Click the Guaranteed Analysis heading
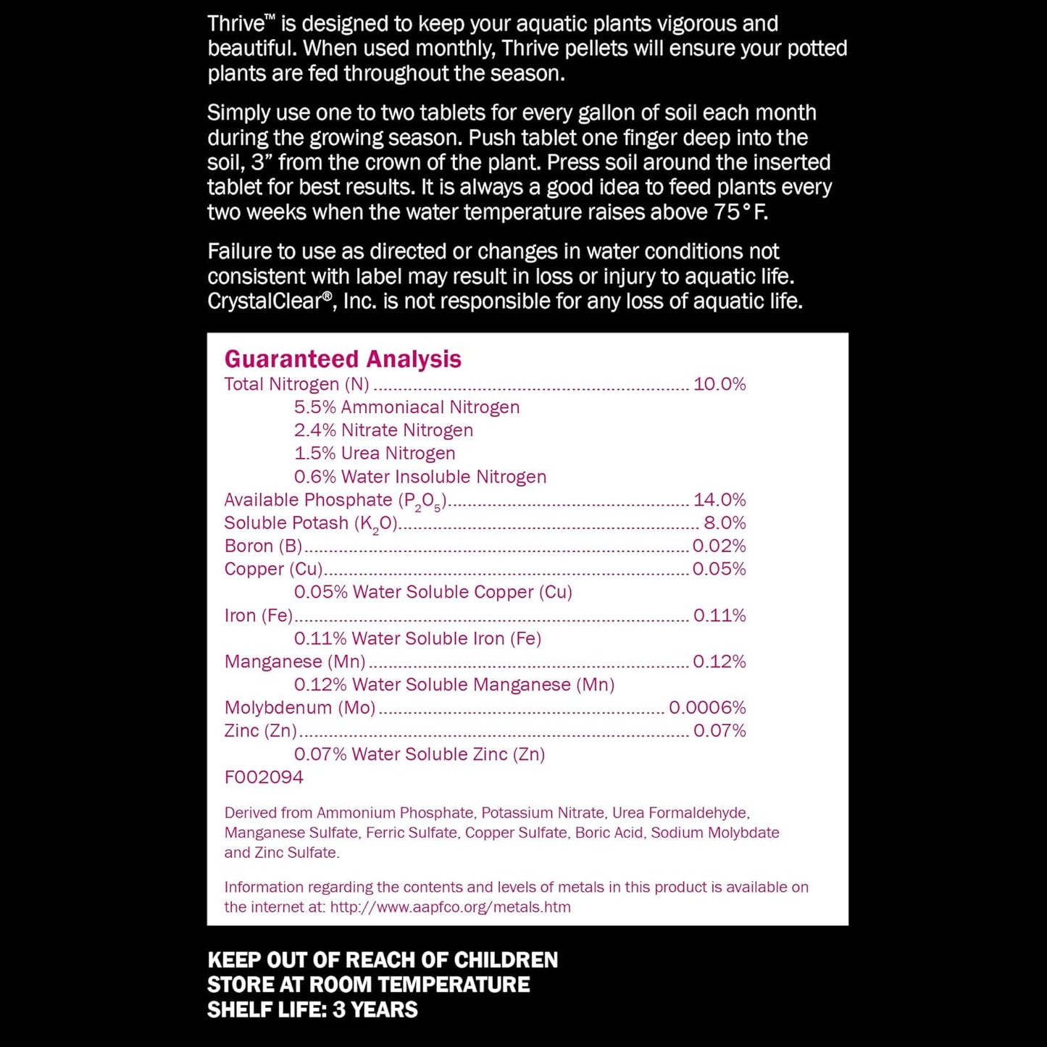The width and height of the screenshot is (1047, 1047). click(x=343, y=359)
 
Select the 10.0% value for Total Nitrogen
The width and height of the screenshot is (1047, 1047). click(x=719, y=384)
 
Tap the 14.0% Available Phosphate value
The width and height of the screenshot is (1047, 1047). click(x=719, y=500)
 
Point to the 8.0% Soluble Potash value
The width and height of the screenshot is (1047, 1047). click(x=724, y=523)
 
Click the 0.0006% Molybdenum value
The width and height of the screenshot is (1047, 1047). click(x=706, y=708)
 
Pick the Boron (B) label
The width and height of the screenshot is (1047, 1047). click(x=263, y=546)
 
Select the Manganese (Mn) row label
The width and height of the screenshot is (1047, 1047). click(x=295, y=662)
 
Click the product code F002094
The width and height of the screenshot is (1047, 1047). click(x=264, y=777)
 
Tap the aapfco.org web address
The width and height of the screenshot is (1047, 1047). click(x=450, y=907)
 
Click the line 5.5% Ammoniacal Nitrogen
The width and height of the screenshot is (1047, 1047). click(x=406, y=407)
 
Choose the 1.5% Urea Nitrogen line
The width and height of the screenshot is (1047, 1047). click(x=375, y=454)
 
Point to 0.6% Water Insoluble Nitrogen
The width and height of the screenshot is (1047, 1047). click(x=420, y=477)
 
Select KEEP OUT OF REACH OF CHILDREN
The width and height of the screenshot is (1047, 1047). click(x=383, y=960)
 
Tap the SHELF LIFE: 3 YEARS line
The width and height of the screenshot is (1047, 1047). click(x=312, y=1009)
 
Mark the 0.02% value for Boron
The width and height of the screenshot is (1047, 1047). click(x=719, y=546)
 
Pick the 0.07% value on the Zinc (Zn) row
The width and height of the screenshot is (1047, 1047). click(x=719, y=731)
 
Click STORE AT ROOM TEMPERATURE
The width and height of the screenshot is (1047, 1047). click(x=368, y=985)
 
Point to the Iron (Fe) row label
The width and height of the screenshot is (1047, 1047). click(x=259, y=616)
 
